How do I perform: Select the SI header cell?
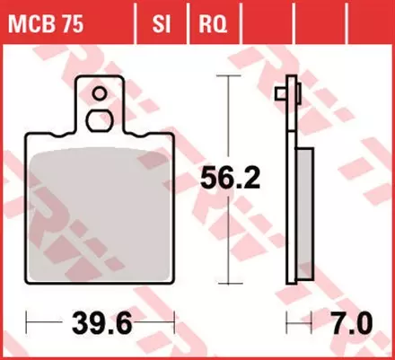pyautogui.click(x=162, y=19)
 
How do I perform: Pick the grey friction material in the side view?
pyautogui.click(x=305, y=215)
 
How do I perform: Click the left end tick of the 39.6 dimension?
pyautogui.click(x=28, y=320)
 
